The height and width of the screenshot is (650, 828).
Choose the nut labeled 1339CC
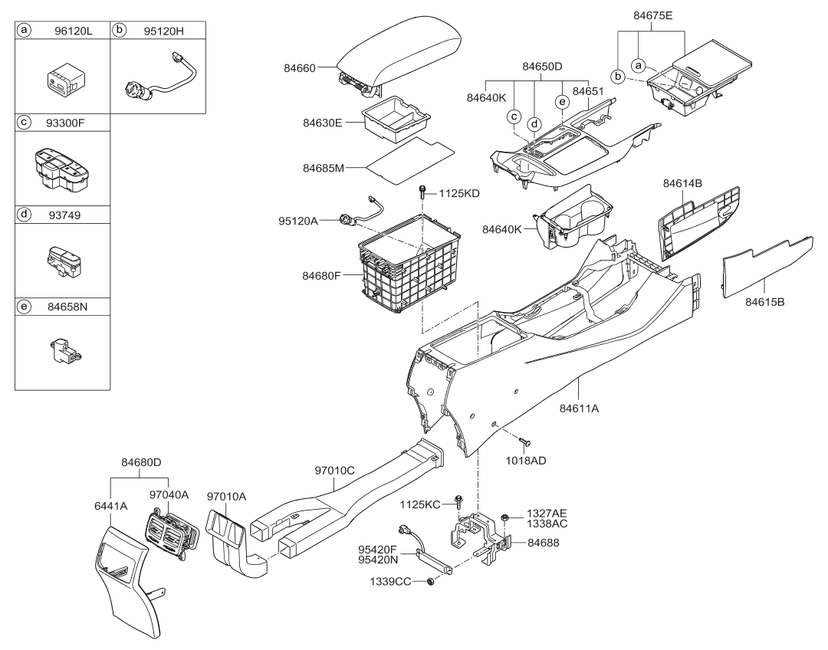[429, 583]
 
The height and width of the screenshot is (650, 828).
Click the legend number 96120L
[74, 31]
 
